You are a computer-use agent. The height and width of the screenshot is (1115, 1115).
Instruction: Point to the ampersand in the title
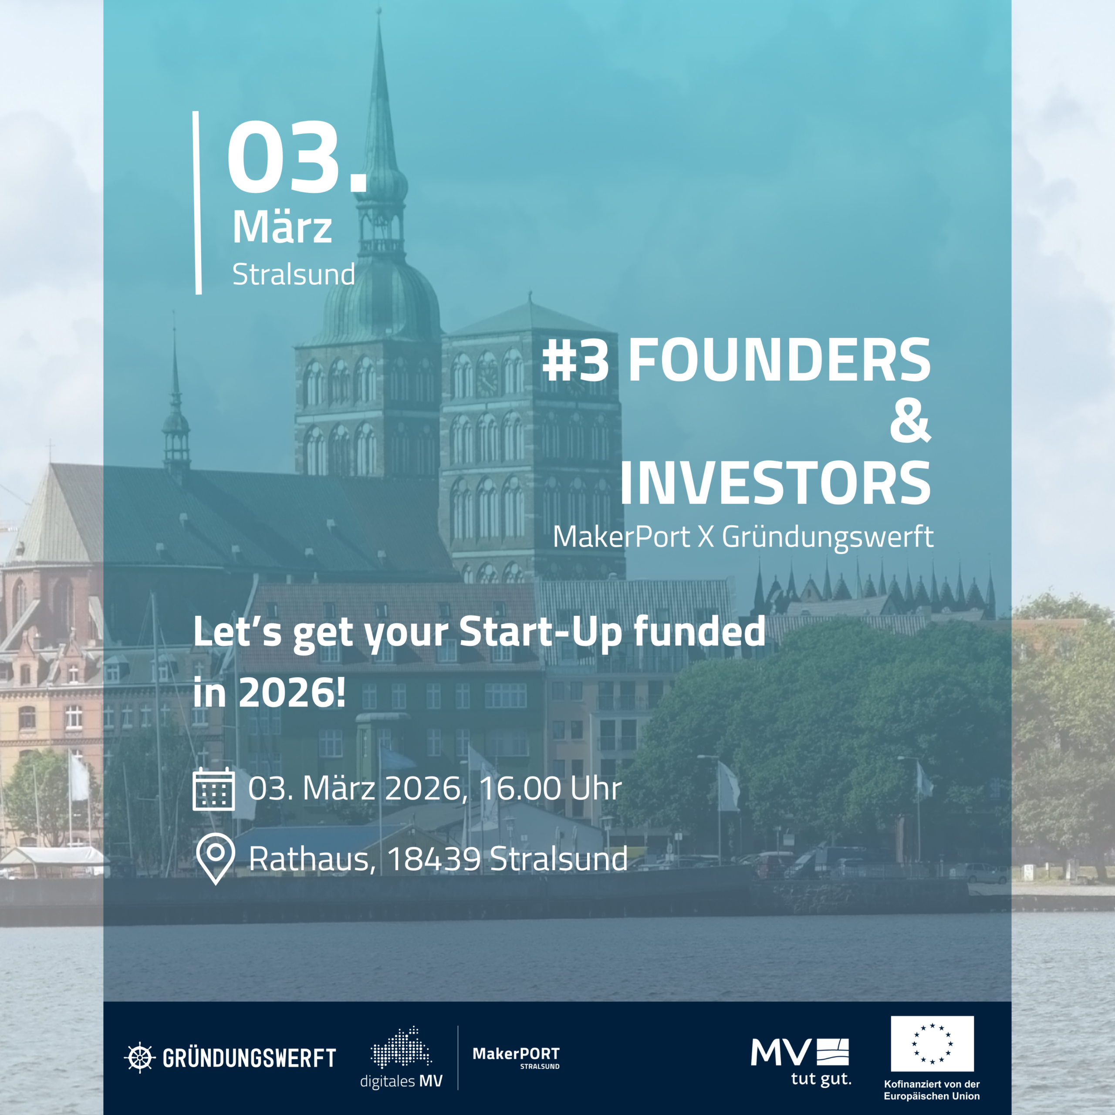[910, 422]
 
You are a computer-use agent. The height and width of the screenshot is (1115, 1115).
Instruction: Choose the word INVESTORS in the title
[775, 483]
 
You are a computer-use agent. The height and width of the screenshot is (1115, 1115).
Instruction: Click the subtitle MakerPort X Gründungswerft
[743, 537]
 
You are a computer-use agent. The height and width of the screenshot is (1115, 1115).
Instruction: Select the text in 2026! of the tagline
[270, 692]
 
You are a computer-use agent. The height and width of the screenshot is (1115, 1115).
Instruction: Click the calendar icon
[213, 789]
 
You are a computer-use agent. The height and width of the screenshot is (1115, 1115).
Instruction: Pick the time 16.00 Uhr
[551, 788]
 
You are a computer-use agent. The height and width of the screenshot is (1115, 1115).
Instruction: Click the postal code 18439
[434, 859]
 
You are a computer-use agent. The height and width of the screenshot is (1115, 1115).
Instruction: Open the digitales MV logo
[401, 1058]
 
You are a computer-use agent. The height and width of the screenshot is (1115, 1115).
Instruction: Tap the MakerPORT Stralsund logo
[516, 1057]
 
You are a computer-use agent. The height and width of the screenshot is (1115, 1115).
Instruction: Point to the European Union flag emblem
[932, 1044]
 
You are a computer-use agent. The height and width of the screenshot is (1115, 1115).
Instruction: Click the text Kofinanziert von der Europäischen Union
[932, 1090]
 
